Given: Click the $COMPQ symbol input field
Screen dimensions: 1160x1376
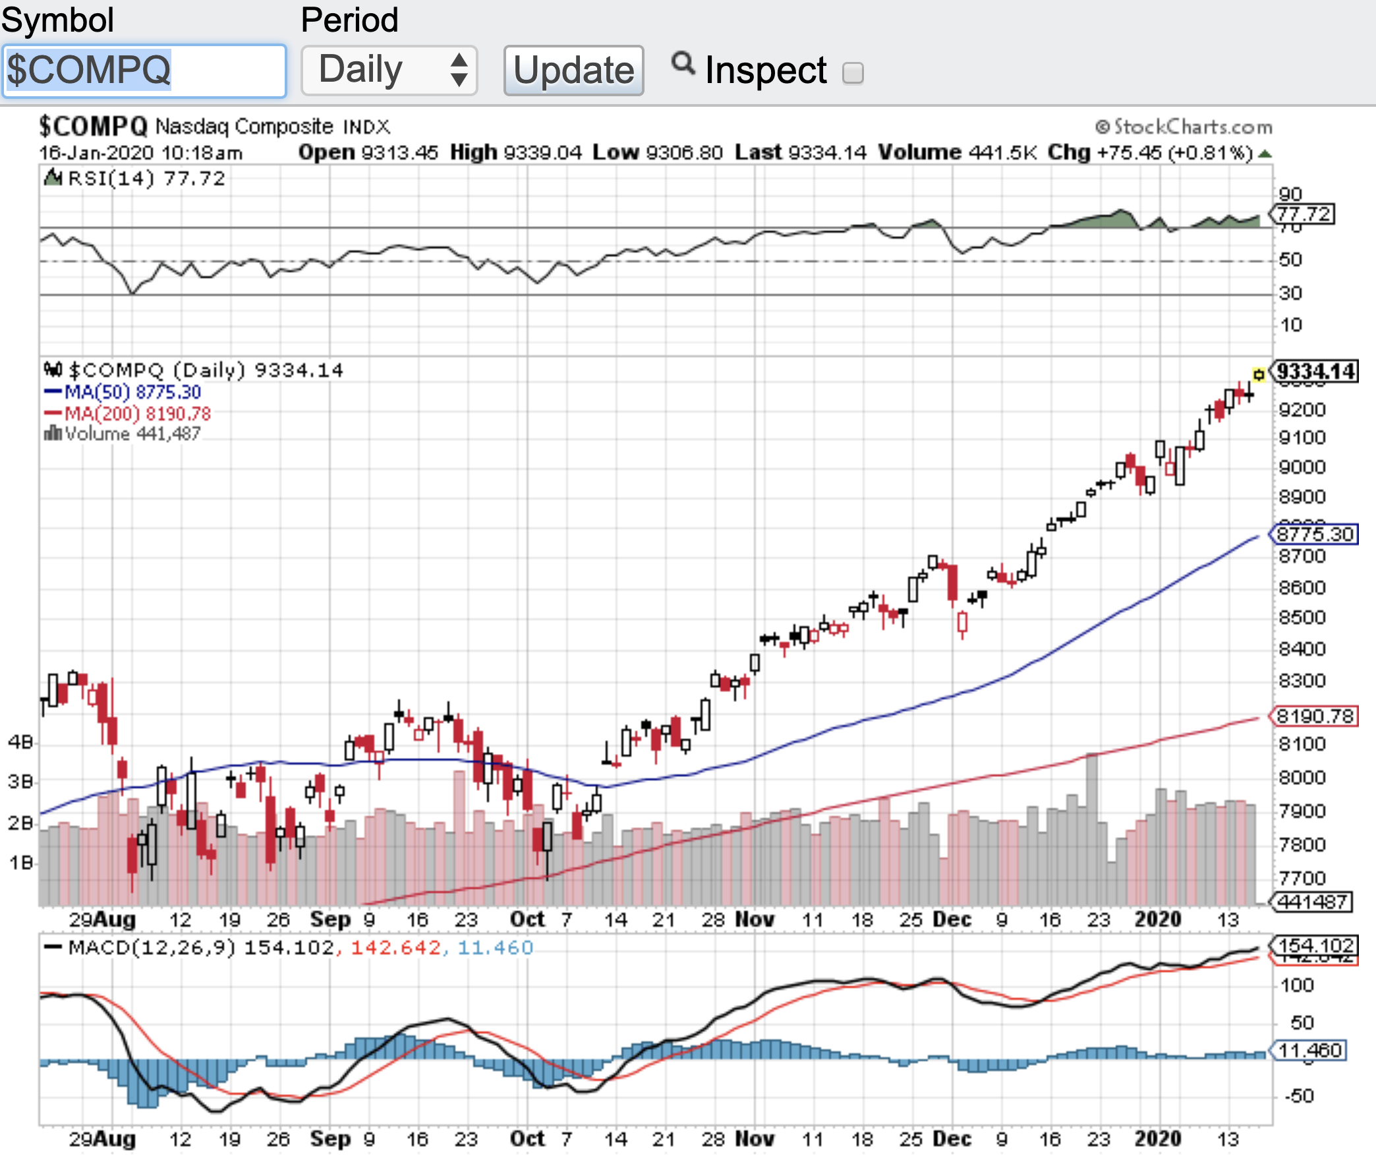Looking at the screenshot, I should click(144, 71).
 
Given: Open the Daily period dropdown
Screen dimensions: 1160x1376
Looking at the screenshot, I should click(389, 71).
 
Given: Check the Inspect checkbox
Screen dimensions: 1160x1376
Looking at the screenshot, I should click(853, 72).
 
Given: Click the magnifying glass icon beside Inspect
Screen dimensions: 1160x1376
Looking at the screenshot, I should click(683, 64).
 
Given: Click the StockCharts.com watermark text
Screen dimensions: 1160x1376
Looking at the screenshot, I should click(1184, 127).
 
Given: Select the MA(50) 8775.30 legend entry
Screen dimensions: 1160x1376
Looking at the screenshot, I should click(123, 392).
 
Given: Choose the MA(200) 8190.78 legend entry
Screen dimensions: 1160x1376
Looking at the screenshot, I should click(128, 414).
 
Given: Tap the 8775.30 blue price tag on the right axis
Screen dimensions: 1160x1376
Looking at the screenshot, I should click(1314, 534).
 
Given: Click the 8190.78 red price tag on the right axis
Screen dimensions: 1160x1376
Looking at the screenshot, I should click(1314, 716).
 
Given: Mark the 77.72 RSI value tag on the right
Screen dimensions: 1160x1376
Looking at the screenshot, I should click(1304, 214).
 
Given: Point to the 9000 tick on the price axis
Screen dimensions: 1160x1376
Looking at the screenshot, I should click(1301, 467).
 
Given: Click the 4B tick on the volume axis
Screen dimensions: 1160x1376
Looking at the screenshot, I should click(20, 743).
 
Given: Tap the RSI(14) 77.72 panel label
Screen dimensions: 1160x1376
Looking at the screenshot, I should click(135, 179).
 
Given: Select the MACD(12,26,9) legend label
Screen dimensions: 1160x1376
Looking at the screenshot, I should click(152, 948).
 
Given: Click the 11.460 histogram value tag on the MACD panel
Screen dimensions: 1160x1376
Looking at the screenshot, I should click(1310, 1050).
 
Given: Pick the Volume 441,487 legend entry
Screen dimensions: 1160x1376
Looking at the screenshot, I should click(123, 434).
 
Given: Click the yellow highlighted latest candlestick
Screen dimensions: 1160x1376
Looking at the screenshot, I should click(1259, 374).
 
